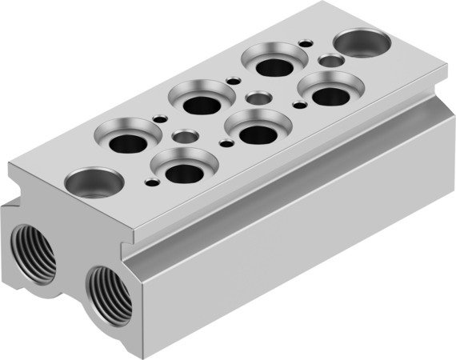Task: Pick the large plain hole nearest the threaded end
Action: point(93,183)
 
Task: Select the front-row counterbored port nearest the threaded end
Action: point(184,171)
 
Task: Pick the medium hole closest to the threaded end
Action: point(184,137)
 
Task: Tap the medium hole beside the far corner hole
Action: point(330,60)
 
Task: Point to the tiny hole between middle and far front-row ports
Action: point(298,105)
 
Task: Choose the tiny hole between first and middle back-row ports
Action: point(166,121)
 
